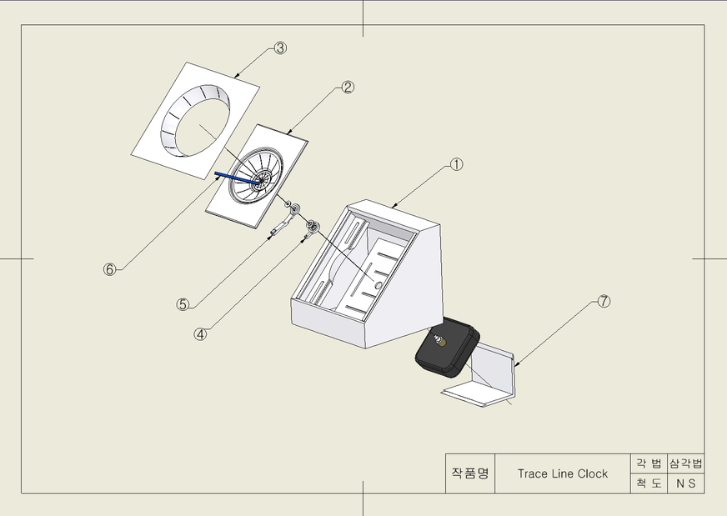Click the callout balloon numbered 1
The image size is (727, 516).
457,164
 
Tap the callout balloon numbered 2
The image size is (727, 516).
348,87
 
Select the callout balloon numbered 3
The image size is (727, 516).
280,48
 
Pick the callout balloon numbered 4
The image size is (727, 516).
200,333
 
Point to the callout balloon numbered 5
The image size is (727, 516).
183,304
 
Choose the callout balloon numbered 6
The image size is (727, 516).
109,269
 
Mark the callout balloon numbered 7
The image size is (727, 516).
604,302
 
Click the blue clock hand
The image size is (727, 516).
237,178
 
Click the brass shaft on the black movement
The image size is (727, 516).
443,342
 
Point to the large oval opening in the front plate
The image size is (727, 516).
196,122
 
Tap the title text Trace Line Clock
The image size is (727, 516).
563,473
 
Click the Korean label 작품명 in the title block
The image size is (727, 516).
470,473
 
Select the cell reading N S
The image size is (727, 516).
686,483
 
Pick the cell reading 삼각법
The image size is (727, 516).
686,463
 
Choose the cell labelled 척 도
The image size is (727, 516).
649,483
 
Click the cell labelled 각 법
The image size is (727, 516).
649,463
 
